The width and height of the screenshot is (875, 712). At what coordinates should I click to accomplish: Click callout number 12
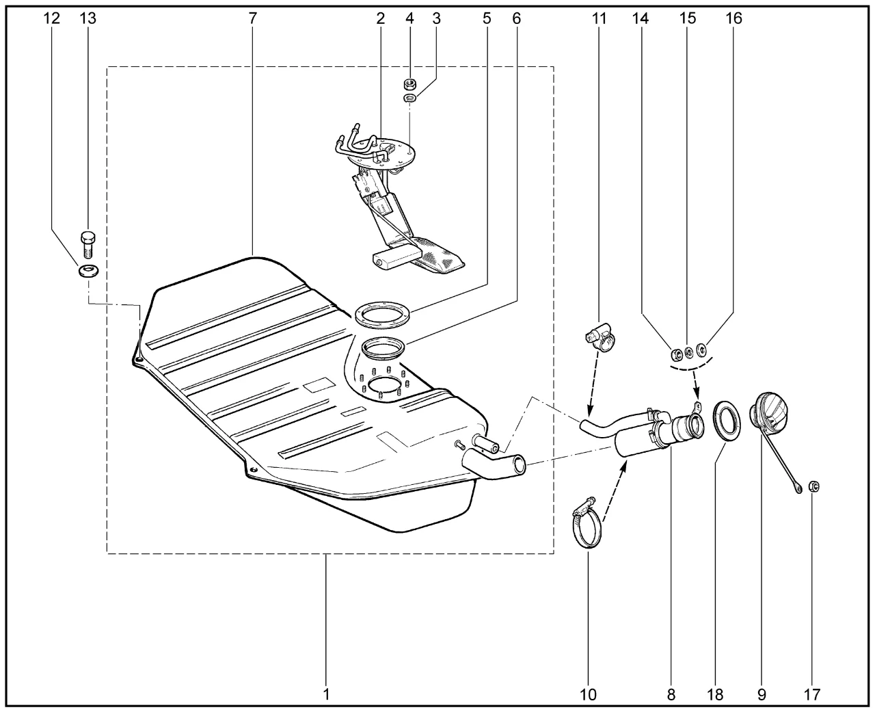52,18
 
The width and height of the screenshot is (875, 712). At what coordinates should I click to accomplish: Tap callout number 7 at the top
253,18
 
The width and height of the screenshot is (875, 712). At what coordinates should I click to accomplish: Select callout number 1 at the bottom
326,694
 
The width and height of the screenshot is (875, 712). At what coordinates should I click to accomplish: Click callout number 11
600,18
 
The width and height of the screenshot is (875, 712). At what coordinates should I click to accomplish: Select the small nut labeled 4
411,83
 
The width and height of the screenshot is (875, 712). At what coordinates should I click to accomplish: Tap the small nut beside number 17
814,486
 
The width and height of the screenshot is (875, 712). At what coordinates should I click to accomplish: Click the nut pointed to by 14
673,354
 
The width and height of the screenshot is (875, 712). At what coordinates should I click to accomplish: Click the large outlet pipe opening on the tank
520,464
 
